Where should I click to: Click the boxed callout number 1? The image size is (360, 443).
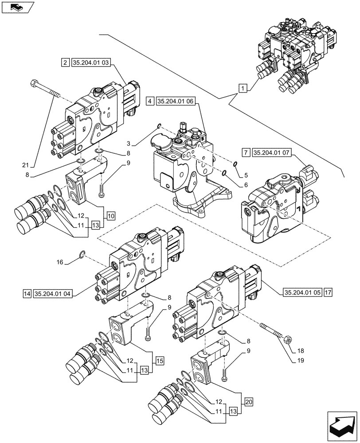click(242, 88)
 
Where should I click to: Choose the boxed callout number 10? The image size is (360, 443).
click(110, 216)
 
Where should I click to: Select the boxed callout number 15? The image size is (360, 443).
click(160, 361)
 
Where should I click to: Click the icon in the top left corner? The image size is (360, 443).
click(16, 8)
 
